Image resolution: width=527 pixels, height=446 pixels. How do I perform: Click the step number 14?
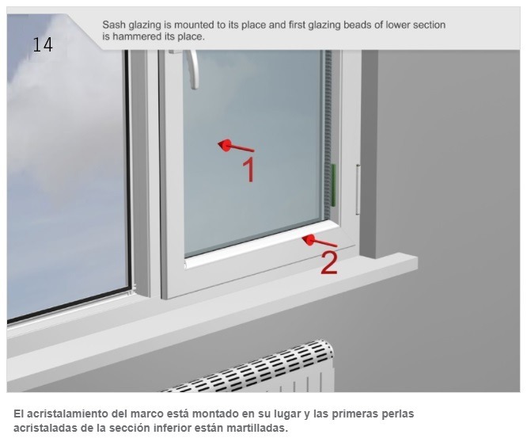coord(43,44)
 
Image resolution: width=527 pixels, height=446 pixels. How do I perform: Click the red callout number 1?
coord(248,170)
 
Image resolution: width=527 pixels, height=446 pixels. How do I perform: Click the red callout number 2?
coord(328,263)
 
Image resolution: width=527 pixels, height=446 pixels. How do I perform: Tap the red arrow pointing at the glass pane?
coord(236,146)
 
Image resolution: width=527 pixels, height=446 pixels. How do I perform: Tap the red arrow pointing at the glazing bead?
coord(319,241)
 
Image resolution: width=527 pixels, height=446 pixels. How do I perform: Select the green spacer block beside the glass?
coord(333,185)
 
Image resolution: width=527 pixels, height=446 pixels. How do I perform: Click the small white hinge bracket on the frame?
coord(358,189)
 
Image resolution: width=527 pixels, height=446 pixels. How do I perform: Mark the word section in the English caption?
coord(429,25)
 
